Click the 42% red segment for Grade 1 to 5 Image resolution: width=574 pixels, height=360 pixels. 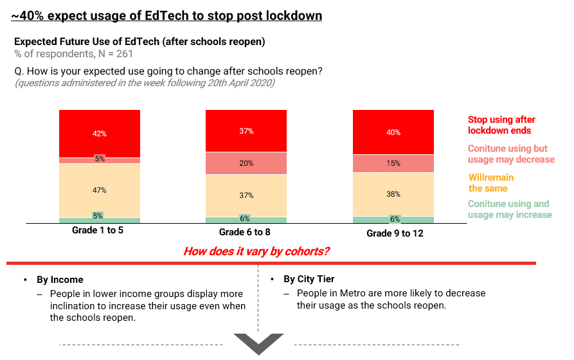coord(99,134)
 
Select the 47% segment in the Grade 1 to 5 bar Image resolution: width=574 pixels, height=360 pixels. coord(99,190)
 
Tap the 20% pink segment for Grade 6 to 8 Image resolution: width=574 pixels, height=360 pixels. coord(246,163)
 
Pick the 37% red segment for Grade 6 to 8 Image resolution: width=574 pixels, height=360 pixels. coord(246,131)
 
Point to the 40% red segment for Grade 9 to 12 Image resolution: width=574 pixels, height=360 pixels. coord(393,132)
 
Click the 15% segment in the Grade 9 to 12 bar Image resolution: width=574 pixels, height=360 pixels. coord(393,163)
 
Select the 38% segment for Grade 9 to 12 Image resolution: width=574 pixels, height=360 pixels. coord(393,194)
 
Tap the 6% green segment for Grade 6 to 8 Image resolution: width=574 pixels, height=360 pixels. coord(246,219)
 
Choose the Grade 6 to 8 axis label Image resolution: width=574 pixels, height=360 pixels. coord(246,231)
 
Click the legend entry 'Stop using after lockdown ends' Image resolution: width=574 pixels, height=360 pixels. coord(501,125)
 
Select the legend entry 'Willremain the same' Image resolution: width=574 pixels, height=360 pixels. coord(490,183)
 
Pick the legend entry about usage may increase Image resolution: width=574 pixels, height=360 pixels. coord(509,209)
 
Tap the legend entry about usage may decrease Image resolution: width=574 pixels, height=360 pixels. coord(510,154)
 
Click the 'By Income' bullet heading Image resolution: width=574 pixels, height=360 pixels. coord(60,280)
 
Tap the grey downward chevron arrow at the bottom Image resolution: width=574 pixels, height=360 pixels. coord(258,343)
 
